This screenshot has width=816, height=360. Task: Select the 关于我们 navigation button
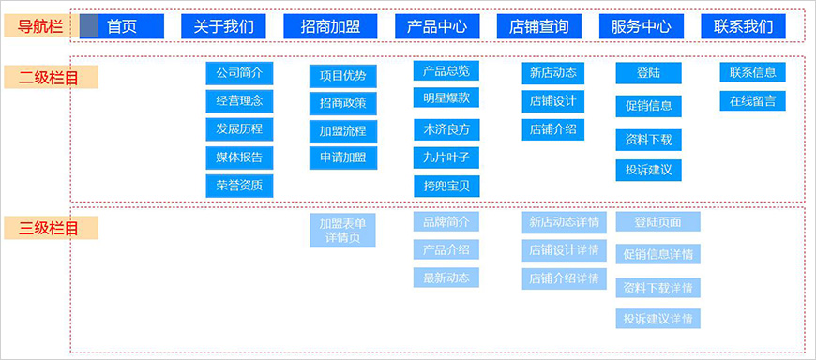click(x=223, y=26)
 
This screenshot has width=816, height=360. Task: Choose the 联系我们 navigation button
click(x=744, y=26)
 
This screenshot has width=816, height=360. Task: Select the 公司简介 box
click(x=239, y=73)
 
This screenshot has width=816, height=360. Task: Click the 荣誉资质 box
click(x=239, y=186)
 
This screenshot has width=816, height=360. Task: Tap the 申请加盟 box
click(x=343, y=157)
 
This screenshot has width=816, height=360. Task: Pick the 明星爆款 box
click(x=446, y=97)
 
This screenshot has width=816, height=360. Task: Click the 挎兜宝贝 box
click(x=446, y=186)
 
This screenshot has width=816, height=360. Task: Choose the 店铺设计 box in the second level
click(x=553, y=101)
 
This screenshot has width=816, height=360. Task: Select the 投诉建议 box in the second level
click(x=648, y=171)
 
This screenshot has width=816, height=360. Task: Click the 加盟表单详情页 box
click(x=343, y=231)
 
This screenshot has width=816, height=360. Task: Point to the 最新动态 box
click(x=446, y=277)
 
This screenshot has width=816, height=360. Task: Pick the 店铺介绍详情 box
click(x=564, y=278)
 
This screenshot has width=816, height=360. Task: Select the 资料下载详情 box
click(x=658, y=287)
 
